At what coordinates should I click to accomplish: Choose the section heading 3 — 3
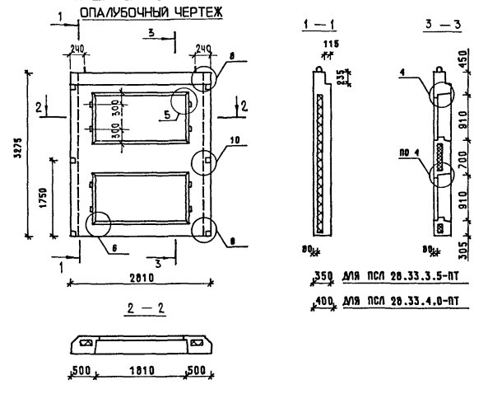(x=444, y=26)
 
